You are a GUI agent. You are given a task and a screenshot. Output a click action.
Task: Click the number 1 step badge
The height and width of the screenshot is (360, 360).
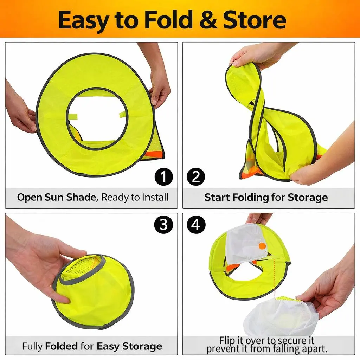163,177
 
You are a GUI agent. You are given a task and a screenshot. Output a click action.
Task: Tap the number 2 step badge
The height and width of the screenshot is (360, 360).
196,177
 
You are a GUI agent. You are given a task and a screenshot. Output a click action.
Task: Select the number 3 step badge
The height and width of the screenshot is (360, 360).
163,225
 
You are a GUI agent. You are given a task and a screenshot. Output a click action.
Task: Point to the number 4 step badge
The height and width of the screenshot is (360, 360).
196,225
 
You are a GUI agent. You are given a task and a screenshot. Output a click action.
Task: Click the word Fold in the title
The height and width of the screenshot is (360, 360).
168,20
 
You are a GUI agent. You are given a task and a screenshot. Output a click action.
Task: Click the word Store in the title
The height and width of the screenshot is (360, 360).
255,20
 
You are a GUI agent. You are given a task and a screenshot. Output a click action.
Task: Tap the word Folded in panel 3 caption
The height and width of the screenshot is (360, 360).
61,346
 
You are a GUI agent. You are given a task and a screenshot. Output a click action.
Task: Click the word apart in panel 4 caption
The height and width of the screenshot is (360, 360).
315,349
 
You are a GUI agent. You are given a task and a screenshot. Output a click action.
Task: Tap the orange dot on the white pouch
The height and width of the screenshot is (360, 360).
262,246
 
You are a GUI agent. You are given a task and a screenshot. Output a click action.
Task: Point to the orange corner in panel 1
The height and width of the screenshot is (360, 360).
155,155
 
